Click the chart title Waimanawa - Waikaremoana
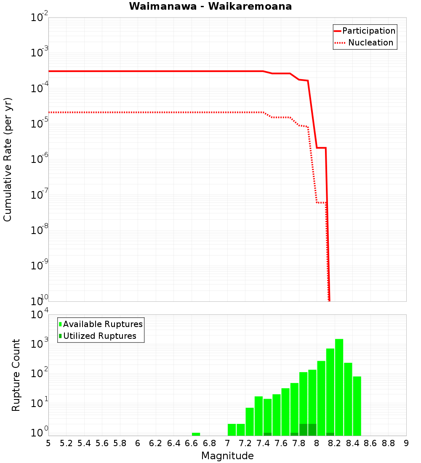click(210, 6)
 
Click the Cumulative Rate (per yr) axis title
click(8, 159)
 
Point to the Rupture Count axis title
click(16, 375)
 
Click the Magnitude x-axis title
click(227, 455)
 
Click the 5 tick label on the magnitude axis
click(48, 443)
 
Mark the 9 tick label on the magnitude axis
click(406, 443)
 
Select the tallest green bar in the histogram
click(339, 387)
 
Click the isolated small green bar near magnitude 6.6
click(196, 434)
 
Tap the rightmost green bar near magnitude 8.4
click(357, 406)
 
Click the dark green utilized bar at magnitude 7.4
click(267, 434)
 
